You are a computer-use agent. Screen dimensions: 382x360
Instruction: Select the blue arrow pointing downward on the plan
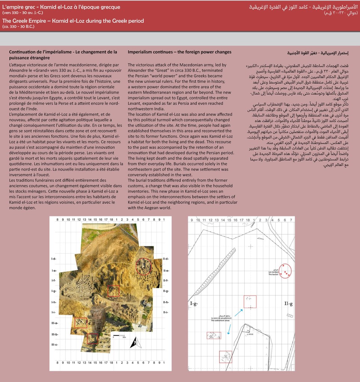(x=229, y=328)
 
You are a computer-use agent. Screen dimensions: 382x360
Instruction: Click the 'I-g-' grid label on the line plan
(x=194, y=304)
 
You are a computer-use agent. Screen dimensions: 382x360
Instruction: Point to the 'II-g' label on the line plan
(x=288, y=304)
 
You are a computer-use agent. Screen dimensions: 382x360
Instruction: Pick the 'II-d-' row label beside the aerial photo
(x=166, y=259)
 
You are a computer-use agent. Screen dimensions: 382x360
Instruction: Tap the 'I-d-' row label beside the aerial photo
(x=54, y=259)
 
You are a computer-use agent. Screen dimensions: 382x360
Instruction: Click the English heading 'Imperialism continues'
(x=180, y=52)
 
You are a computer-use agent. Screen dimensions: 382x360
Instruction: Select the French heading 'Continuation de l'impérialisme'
(x=63, y=52)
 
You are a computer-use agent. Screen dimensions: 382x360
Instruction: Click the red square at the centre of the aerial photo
(x=114, y=291)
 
